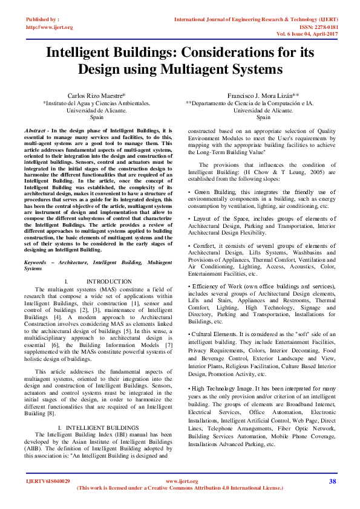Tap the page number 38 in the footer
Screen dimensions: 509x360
pyautogui.click(x=332, y=481)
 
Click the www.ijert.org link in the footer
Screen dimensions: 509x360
pyautogui.click(x=182, y=481)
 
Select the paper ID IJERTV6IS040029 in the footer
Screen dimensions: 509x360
pyautogui.click(x=48, y=481)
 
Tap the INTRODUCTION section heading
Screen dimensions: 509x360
pyautogui.click(x=109, y=282)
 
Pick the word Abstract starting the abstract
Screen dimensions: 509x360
pyautogui.click(x=36, y=131)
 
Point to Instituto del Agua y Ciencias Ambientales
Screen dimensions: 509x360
pyautogui.click(x=96, y=103)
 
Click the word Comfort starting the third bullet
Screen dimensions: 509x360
pyautogui.click(x=205, y=247)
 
